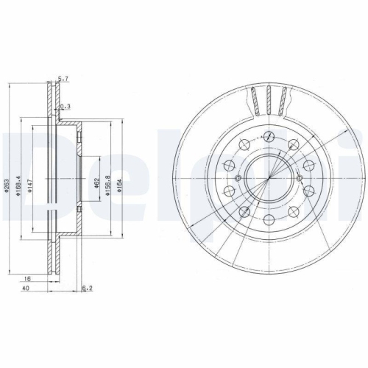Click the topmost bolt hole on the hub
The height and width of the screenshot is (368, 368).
tap(269, 136)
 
